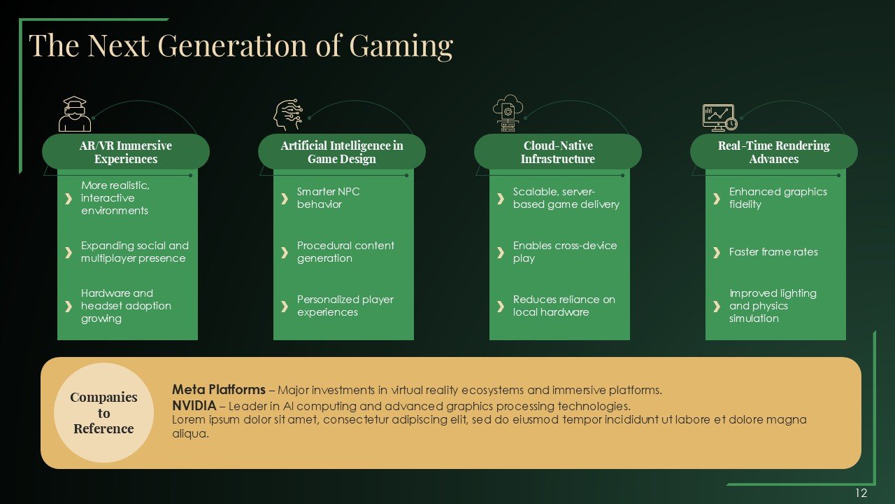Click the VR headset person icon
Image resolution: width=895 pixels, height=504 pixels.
pyautogui.click(x=75, y=114)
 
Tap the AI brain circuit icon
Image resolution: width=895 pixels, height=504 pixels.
pyautogui.click(x=288, y=115)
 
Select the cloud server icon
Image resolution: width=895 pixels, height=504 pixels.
pyautogui.click(x=508, y=113)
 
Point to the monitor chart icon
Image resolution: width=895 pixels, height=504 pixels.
pyautogui.click(x=720, y=118)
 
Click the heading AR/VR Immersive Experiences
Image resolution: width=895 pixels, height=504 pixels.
pyautogui.click(x=126, y=152)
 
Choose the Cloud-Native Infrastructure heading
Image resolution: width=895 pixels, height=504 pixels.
pyautogui.click(x=558, y=152)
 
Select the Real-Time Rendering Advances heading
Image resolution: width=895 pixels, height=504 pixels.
pyautogui.click(x=774, y=152)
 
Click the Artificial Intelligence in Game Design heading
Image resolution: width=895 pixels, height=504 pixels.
pyautogui.click(x=342, y=152)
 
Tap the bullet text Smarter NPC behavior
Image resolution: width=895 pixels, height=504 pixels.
pyautogui.click(x=328, y=198)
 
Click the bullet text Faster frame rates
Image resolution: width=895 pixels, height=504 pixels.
pyautogui.click(x=773, y=252)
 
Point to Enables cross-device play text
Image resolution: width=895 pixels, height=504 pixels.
pyautogui.click(x=565, y=252)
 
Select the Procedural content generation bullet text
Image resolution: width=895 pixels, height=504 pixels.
pyautogui.click(x=345, y=252)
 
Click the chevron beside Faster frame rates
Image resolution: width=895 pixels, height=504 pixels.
pyautogui.click(x=717, y=253)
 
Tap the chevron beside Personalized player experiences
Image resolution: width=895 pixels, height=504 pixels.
pyautogui.click(x=285, y=307)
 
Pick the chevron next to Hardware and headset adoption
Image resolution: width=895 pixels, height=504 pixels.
pyautogui.click(x=69, y=307)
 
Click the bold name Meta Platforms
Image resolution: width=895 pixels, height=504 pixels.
pyautogui.click(x=219, y=390)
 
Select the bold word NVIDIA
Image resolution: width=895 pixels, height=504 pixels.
pyautogui.click(x=194, y=406)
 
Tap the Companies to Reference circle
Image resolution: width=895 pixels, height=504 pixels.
pyautogui.click(x=104, y=413)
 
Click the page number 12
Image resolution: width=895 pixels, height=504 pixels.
pyautogui.click(x=861, y=493)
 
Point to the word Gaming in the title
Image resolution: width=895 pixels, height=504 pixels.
pyautogui.click(x=401, y=46)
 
